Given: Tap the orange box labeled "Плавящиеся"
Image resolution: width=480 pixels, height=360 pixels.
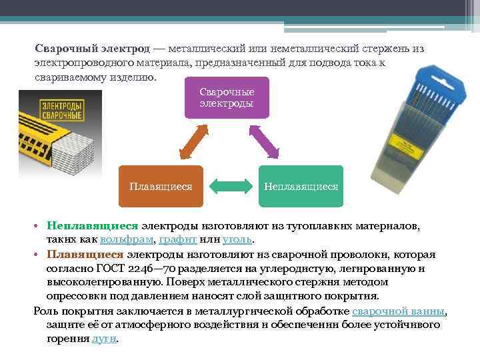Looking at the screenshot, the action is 161,186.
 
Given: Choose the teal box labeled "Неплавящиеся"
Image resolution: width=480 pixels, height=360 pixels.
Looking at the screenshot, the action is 301,186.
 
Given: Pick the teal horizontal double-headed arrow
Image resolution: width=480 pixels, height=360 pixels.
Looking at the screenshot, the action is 231,186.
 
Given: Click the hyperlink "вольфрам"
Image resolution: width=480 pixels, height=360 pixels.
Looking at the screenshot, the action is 127,239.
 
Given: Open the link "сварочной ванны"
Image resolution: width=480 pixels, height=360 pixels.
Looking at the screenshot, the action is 398,312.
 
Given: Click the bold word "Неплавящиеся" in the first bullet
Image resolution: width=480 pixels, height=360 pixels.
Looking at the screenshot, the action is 92,227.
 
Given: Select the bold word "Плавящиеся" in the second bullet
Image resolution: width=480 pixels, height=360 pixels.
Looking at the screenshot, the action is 85,255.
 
